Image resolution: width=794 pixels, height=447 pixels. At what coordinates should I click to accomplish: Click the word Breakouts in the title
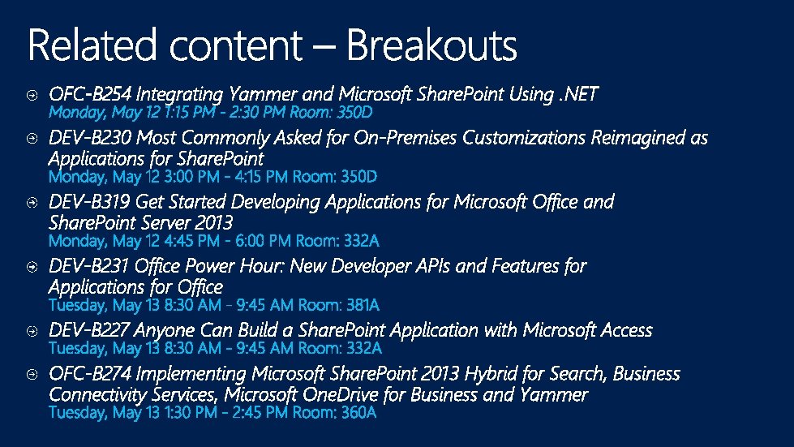431,45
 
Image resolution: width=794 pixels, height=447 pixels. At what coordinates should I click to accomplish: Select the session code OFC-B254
91,94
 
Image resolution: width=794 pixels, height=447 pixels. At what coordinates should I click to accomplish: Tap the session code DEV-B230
91,138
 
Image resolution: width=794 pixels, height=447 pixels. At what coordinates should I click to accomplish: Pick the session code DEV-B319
90,201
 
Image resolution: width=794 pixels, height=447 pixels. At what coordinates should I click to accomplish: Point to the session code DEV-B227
90,330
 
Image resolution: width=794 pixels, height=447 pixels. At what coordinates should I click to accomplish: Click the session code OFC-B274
91,374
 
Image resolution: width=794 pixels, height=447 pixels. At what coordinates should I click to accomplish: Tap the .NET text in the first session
578,94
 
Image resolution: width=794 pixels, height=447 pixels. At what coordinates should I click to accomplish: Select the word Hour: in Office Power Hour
261,266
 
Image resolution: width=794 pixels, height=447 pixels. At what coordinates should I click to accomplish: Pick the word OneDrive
343,395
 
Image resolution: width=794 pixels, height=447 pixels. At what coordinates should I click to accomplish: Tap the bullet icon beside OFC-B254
31,95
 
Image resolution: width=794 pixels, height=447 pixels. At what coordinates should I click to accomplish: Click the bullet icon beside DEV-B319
31,202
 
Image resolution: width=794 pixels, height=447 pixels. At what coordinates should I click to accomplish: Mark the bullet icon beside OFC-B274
31,375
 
